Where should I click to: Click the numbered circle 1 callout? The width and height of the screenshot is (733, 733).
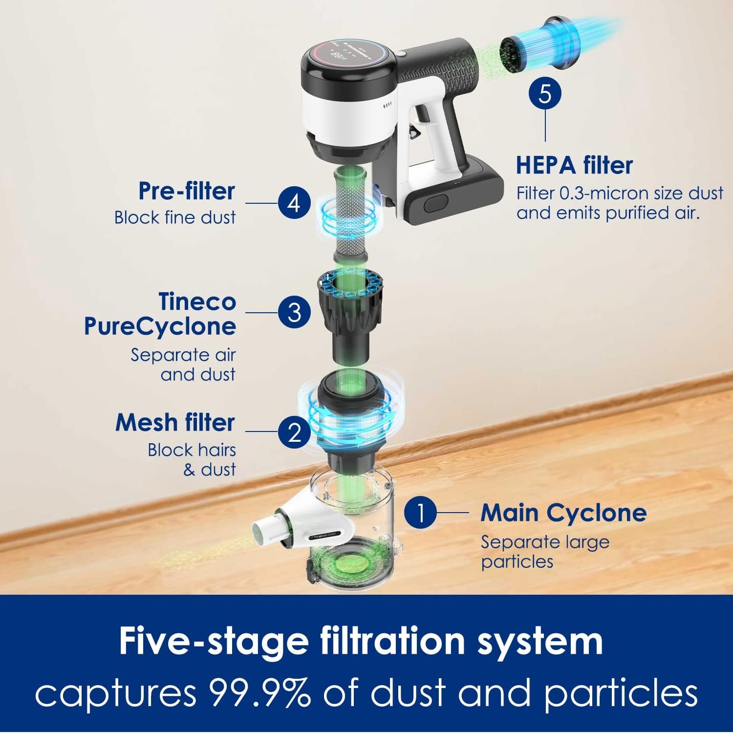420,513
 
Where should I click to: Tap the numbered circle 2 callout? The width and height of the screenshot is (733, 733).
295,432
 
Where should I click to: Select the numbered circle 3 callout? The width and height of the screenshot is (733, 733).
295,312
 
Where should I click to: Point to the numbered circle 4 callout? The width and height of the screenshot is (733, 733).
295,203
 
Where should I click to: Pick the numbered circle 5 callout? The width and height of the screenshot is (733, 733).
545,93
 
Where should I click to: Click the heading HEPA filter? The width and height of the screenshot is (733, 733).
575,165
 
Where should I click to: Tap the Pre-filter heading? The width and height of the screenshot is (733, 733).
187,191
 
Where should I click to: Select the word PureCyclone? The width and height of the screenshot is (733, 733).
160,326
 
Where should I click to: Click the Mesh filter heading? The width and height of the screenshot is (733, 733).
175,423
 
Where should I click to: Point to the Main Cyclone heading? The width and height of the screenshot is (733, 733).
564,513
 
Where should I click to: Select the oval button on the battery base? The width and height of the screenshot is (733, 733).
436,203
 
